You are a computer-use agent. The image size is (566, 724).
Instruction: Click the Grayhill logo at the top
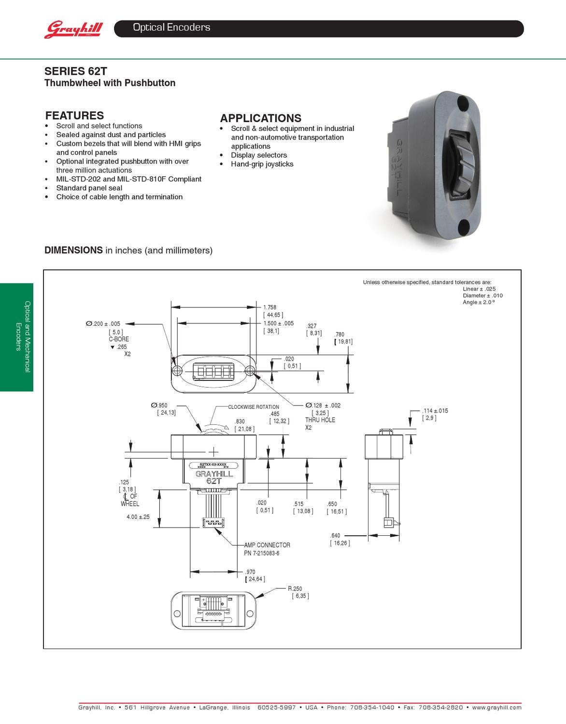click(74, 29)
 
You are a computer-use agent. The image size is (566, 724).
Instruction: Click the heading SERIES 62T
click(75, 71)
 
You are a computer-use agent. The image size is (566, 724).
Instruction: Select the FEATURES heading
click(74, 115)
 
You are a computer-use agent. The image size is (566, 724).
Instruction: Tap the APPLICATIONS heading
click(260, 118)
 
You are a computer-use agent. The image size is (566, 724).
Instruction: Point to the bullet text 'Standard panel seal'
click(89, 188)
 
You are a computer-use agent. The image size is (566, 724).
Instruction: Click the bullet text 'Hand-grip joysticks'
click(262, 164)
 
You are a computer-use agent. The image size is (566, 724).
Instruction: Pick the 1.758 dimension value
click(269, 307)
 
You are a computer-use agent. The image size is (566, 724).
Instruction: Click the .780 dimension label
click(340, 334)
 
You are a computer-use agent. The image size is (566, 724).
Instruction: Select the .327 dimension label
click(311, 326)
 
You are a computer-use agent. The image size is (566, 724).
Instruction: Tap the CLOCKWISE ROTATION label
click(253, 407)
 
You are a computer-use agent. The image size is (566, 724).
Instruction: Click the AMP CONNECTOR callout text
click(267, 545)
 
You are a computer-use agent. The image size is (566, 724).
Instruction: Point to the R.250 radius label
click(295, 589)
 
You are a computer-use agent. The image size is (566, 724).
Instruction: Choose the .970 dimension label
click(250, 572)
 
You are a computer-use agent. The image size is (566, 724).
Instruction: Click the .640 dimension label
click(335, 536)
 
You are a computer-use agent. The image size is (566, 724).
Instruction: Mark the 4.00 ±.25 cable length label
click(138, 517)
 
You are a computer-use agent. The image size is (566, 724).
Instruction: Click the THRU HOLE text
click(320, 420)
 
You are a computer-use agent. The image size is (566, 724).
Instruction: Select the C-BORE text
click(119, 339)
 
